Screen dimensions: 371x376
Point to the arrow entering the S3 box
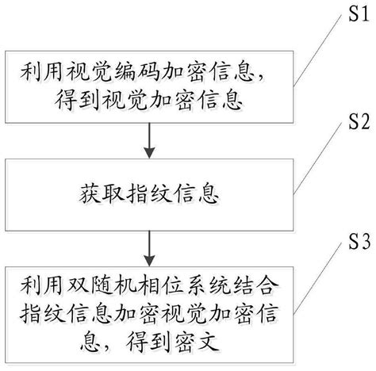pyautogui.click(x=148, y=252)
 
